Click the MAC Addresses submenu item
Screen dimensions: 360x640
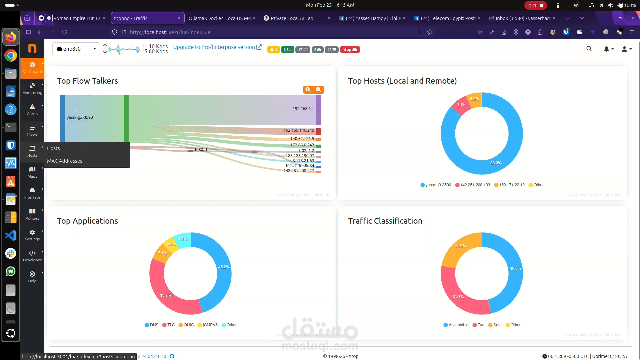coord(65,161)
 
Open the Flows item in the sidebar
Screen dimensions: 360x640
coord(32,130)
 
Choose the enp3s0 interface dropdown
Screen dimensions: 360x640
coord(76,49)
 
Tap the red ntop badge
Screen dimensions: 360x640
coord(350,50)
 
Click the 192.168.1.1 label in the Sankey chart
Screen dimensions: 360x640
coord(303,109)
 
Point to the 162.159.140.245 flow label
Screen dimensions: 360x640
coord(299,130)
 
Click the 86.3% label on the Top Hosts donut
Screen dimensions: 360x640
coord(496,163)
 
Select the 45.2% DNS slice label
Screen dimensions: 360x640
coord(224,267)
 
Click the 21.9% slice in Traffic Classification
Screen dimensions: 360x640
coord(460,246)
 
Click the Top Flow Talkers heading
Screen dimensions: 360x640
coord(87,81)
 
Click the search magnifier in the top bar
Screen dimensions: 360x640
coord(589,49)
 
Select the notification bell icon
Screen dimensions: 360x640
coord(606,49)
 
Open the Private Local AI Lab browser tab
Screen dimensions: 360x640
coord(292,18)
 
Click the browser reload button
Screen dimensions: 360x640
coord(64,32)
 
